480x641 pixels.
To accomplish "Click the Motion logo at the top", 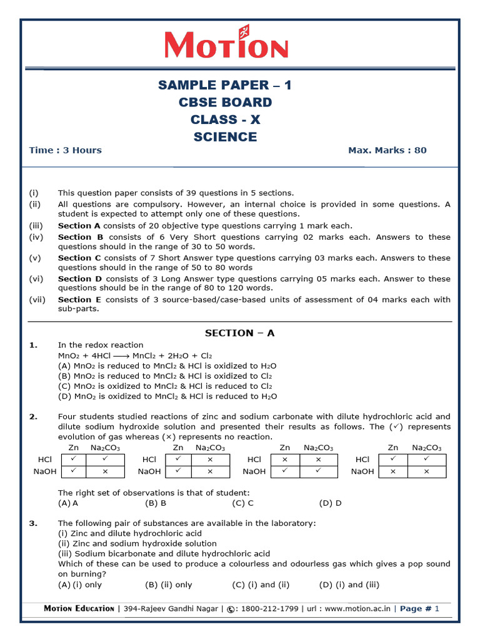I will pyautogui.click(x=226, y=46).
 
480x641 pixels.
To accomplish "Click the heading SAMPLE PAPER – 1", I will pyautogui.click(x=225, y=85).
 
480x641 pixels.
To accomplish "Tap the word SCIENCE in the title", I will pyautogui.click(x=225, y=136).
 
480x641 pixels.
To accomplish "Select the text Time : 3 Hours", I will pyautogui.click(x=65, y=150).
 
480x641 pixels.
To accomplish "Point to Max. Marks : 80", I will pyautogui.click(x=387, y=150).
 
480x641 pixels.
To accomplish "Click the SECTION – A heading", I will pyautogui.click(x=239, y=333).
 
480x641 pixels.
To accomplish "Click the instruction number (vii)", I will pyautogui.click(x=37, y=300).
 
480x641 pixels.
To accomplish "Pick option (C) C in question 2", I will pyautogui.click(x=242, y=503).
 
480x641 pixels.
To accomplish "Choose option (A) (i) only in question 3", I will pyautogui.click(x=80, y=585).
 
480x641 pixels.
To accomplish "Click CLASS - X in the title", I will pyautogui.click(x=225, y=120).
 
